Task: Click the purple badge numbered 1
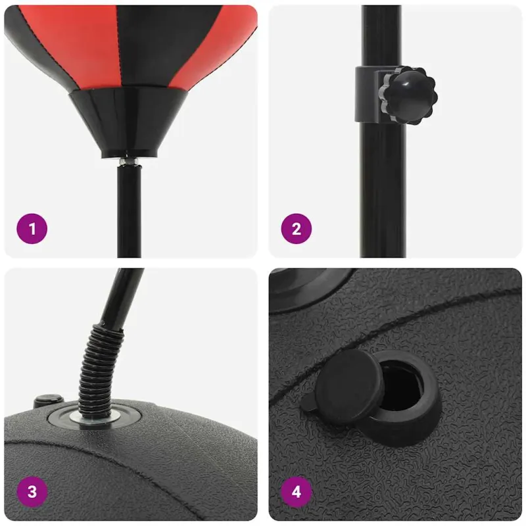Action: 32,229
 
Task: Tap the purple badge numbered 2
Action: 297,229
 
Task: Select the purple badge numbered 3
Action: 32,492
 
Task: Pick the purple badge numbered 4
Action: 297,492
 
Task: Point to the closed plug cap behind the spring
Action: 49,400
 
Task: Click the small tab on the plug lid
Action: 308,402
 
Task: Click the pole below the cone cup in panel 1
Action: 129,211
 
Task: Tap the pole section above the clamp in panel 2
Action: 382,36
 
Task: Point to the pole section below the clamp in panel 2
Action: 383,189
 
